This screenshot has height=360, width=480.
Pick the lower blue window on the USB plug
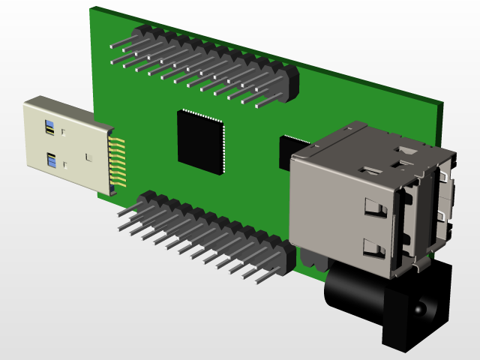(x=51, y=160)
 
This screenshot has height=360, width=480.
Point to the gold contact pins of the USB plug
(x=117, y=161)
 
